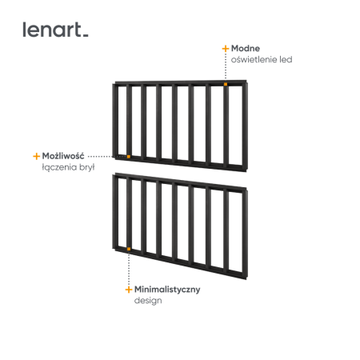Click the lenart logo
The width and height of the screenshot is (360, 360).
pyautogui.click(x=55, y=30)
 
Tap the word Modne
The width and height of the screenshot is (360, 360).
pyautogui.click(x=246, y=48)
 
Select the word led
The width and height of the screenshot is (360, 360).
pyautogui.click(x=286, y=59)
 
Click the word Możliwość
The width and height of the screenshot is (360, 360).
pyautogui.click(x=63, y=156)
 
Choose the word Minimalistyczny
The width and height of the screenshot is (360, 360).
pyautogui.click(x=167, y=290)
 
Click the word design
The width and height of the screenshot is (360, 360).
pyautogui.click(x=148, y=301)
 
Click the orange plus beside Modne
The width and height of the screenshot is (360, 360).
pyautogui.click(x=226, y=49)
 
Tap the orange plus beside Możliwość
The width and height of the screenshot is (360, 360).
pyautogui.click(x=36, y=156)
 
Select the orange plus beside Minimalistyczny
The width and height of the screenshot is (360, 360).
pyautogui.click(x=129, y=290)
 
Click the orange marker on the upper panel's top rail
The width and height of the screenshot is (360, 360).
pyautogui.click(x=226, y=84)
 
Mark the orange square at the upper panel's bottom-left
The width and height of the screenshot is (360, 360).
pyautogui.click(x=129, y=157)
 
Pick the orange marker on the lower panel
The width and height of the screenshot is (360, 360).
pyautogui.click(x=129, y=249)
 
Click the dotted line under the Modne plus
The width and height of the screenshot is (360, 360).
pyautogui.click(x=226, y=67)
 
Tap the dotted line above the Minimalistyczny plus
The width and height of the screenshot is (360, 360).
pyautogui.click(x=129, y=268)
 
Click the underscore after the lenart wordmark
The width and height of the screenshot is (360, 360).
pyautogui.click(x=86, y=36)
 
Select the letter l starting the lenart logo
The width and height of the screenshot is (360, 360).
pyautogui.click(x=24, y=30)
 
